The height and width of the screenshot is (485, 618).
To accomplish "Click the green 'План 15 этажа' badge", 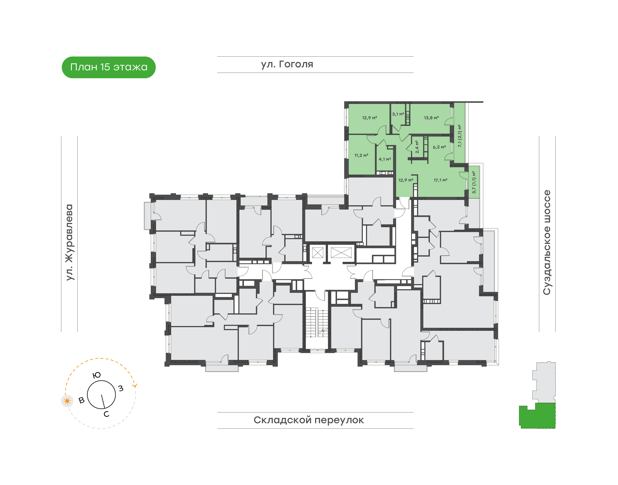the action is (109, 67).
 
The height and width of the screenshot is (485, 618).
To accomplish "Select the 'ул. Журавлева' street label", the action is (69, 242).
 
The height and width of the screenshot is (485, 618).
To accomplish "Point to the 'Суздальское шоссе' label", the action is (547, 242).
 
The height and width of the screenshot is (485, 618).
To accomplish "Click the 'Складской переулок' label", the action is (309, 420).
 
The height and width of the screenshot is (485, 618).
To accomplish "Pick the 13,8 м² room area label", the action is (431, 118).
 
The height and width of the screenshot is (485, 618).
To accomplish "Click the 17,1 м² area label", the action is (441, 180).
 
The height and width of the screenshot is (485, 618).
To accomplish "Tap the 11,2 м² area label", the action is (361, 155).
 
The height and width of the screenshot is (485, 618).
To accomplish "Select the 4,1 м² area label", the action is (385, 159).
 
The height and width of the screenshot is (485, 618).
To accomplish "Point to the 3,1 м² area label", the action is (398, 114).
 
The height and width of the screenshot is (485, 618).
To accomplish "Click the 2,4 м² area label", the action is (417, 147).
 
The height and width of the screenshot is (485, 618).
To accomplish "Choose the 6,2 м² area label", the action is (439, 147).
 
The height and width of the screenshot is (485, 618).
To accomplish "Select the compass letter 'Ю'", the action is (97, 375).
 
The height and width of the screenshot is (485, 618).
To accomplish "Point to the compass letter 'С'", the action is (106, 414).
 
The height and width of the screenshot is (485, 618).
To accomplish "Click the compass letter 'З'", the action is (121, 388).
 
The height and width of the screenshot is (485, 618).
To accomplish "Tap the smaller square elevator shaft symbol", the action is (317, 252).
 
